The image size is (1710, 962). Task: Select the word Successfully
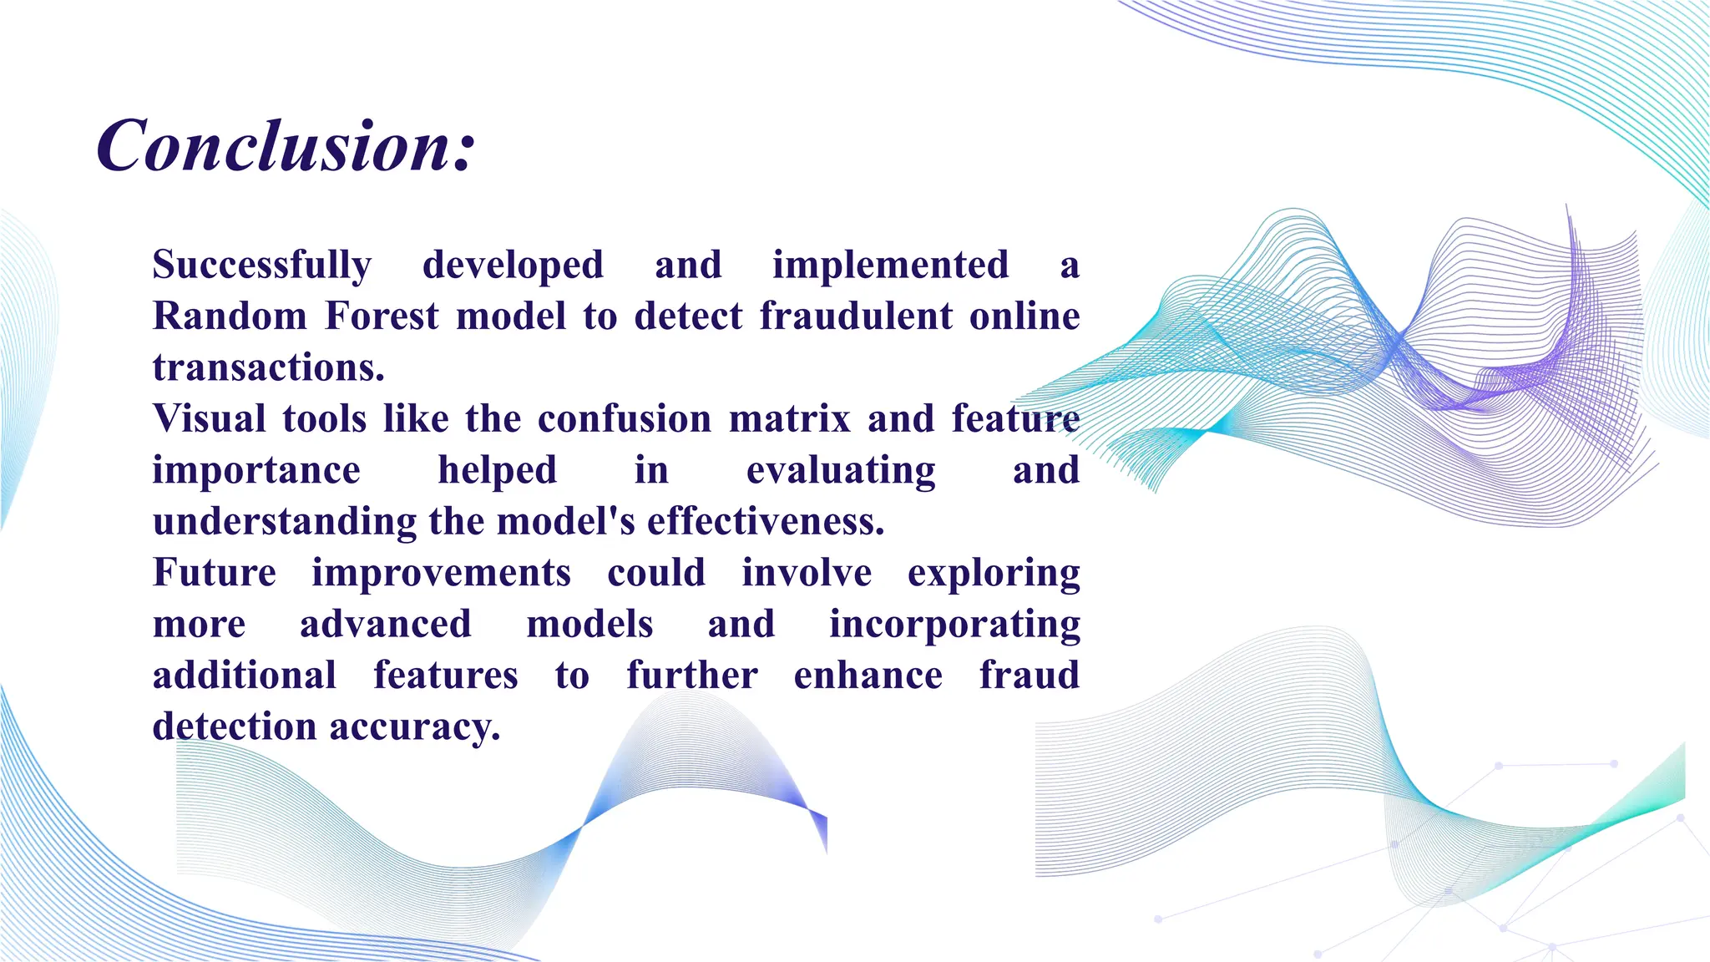pyautogui.click(x=262, y=266)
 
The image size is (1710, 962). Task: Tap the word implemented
pyautogui.click(x=890, y=266)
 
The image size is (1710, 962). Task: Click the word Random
pyautogui.click(x=230, y=316)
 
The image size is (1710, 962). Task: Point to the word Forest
pyautogui.click(x=382, y=316)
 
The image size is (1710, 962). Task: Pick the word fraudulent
pyautogui.click(x=856, y=316)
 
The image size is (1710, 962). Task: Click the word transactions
pyautogui.click(x=268, y=367)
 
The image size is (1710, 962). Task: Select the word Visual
pyautogui.click(x=210, y=418)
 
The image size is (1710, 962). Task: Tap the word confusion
pyautogui.click(x=624, y=418)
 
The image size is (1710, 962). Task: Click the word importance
pyautogui.click(x=256, y=470)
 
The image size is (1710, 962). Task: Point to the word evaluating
pyautogui.click(x=841, y=471)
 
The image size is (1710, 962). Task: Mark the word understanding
pyautogui.click(x=285, y=522)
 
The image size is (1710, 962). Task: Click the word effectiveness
pyautogui.click(x=765, y=522)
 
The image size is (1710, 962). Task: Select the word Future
pyautogui.click(x=215, y=573)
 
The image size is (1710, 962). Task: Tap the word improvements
pyautogui.click(x=441, y=573)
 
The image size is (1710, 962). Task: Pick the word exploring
pyautogui.click(x=994, y=574)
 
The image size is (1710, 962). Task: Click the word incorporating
pyautogui.click(x=954, y=625)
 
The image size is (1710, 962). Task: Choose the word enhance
pyautogui.click(x=868, y=676)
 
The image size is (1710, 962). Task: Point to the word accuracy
pyautogui.click(x=414, y=727)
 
